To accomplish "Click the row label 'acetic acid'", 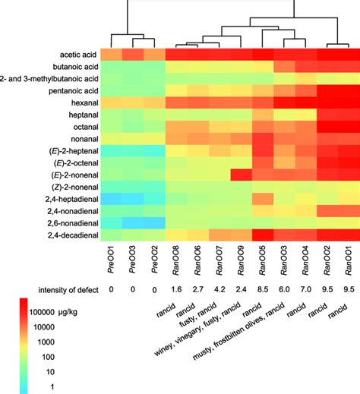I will (76, 55).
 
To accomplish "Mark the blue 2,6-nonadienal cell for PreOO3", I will (133, 223).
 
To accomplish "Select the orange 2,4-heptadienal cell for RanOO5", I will (264, 199).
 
